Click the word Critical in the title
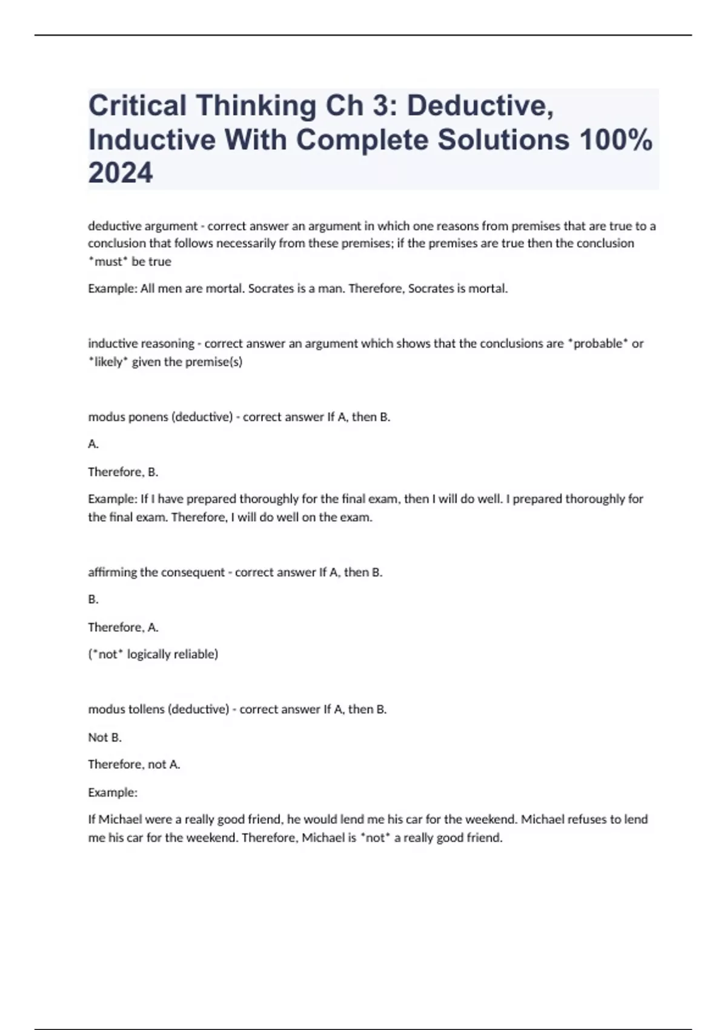click(138, 106)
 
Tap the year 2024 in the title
click(121, 173)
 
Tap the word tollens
click(145, 709)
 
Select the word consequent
click(193, 572)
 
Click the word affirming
click(113, 572)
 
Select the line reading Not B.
click(105, 737)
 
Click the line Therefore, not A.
click(134, 765)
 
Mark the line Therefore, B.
click(123, 472)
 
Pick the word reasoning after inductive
click(167, 344)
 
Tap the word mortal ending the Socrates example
click(488, 289)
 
